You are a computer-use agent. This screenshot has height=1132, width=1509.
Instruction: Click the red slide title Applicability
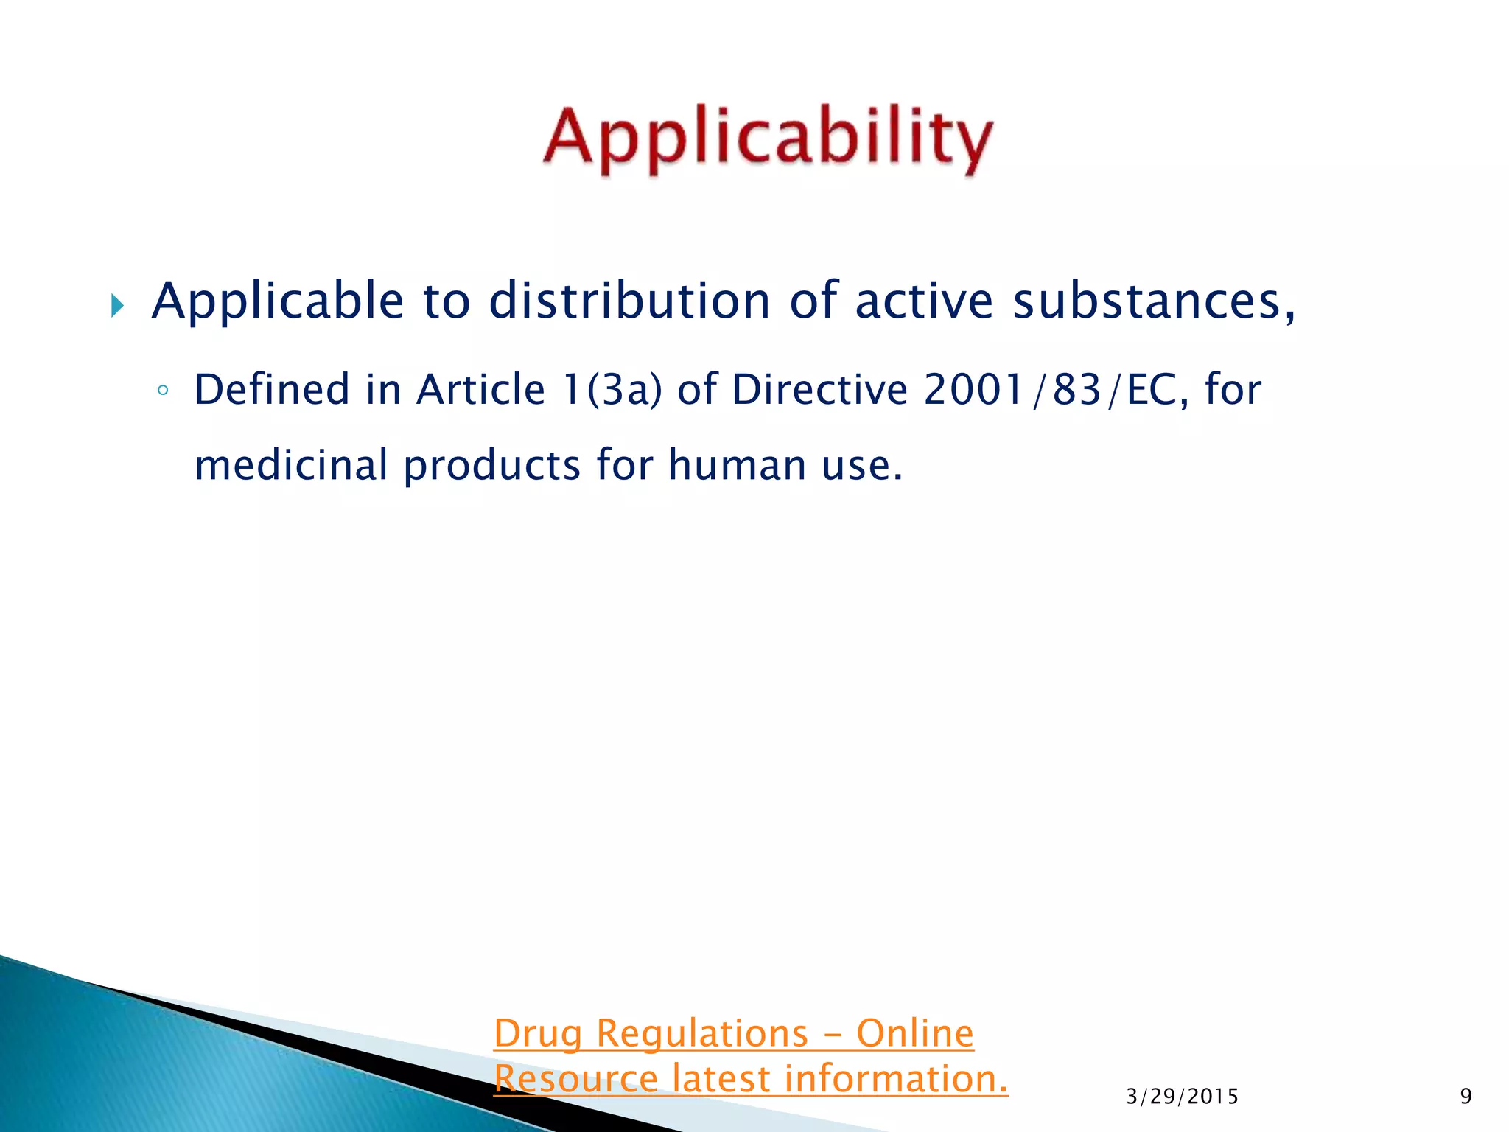coord(768,140)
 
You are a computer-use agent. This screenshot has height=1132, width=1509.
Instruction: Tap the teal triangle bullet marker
coord(117,304)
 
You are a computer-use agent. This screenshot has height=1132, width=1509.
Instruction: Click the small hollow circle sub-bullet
coord(164,390)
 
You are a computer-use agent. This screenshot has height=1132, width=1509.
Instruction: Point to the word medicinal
coord(291,465)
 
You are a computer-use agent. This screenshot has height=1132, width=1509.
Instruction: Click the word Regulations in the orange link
coord(702,1034)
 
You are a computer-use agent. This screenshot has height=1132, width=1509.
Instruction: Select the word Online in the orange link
coord(914,1033)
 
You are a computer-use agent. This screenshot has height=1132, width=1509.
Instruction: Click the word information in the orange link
coord(895,1079)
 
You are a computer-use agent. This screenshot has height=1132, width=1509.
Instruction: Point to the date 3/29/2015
coord(1182,1097)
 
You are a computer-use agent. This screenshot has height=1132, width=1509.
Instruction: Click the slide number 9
coord(1466,1097)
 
